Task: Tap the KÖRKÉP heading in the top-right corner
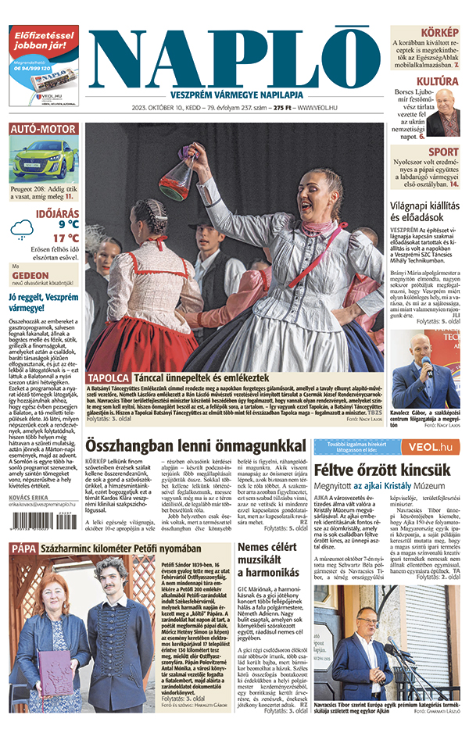440,32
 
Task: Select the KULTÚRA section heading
437,81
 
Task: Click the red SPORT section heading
443,152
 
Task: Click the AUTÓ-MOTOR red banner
44,129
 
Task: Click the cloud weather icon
22,229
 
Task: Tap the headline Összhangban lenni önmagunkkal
195,445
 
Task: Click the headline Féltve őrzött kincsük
382,470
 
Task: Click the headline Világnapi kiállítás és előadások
425,208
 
